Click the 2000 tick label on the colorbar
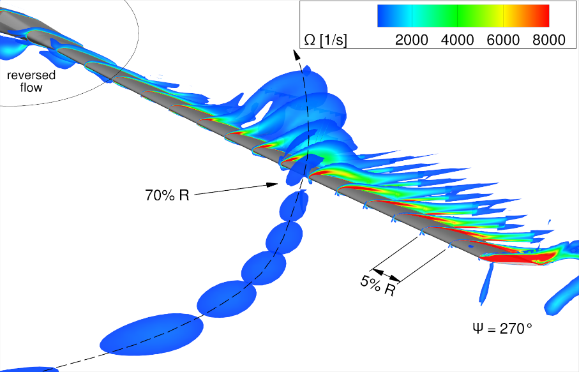(x=411, y=40)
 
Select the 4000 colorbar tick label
(x=457, y=40)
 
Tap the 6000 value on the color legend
(x=503, y=40)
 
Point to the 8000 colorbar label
(x=549, y=40)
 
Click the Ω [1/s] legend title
(x=326, y=40)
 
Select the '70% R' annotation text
(x=167, y=195)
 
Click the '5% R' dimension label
(x=378, y=286)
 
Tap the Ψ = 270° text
(x=502, y=328)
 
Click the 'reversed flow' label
(x=31, y=81)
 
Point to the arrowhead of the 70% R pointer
(x=273, y=184)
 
